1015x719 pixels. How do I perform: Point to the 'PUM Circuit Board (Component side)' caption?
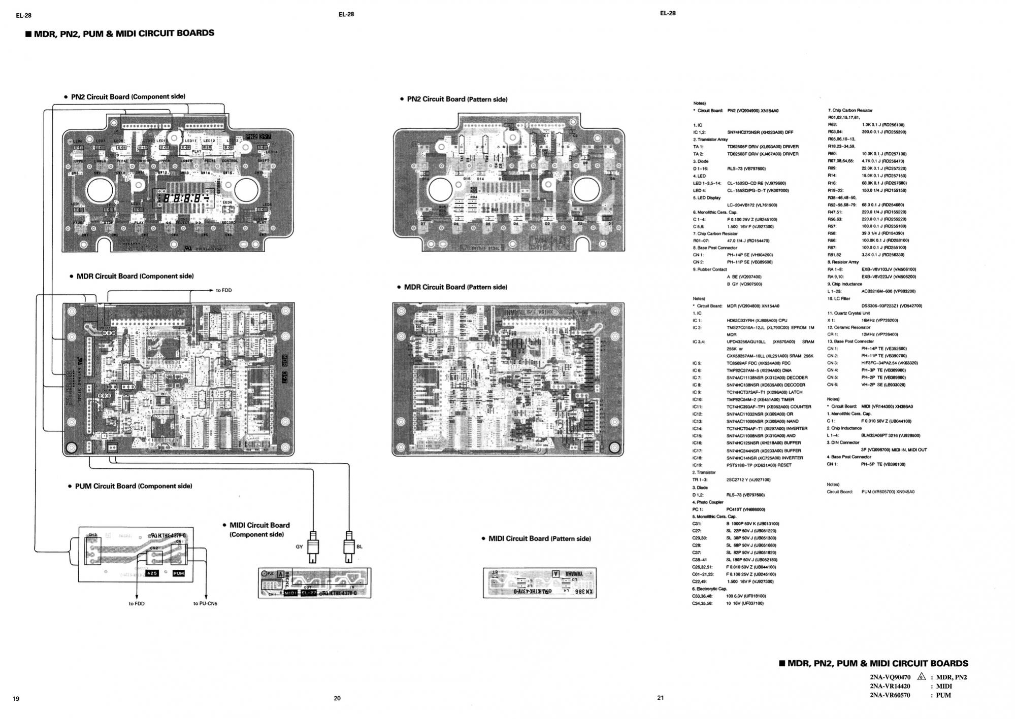[x=134, y=486]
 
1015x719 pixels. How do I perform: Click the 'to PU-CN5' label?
[x=205, y=603]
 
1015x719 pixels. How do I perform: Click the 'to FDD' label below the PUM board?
[x=137, y=603]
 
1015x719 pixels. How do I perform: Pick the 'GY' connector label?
[x=299, y=546]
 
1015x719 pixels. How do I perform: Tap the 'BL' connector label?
[x=359, y=546]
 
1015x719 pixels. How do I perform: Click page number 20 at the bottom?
[x=337, y=698]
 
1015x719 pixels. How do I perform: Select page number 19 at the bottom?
[x=16, y=699]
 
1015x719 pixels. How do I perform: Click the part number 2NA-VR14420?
[x=890, y=686]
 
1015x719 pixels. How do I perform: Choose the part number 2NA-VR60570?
[x=890, y=695]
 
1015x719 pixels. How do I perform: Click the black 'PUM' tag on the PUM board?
[x=179, y=573]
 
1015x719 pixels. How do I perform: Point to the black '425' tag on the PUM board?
[x=152, y=573]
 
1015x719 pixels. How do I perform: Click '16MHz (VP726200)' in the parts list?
[x=879, y=320]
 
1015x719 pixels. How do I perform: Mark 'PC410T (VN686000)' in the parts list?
[x=745, y=509]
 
